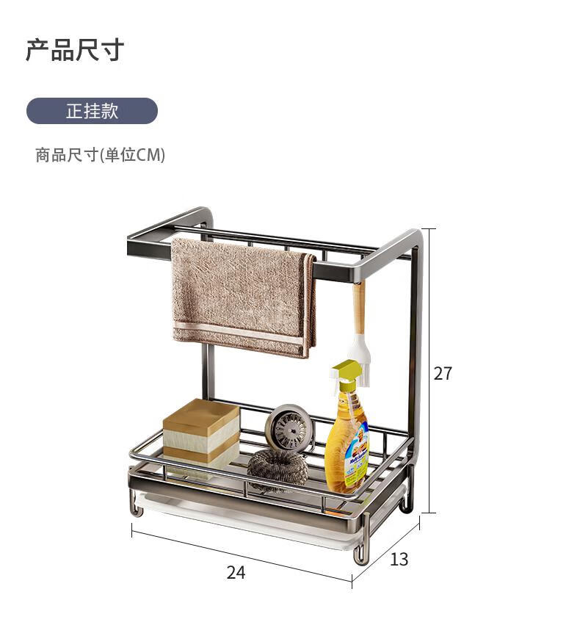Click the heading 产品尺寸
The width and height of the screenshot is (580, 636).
[x=75, y=50]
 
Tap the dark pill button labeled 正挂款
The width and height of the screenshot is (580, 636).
[x=92, y=111]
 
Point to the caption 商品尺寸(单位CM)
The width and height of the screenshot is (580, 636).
[x=100, y=155]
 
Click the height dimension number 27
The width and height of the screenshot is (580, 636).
[x=443, y=373]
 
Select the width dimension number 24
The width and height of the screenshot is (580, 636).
[x=236, y=572]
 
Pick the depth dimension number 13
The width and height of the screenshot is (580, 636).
[x=399, y=560]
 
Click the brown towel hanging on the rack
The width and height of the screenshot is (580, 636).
[x=243, y=298]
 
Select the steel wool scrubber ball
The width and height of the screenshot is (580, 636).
[x=278, y=468]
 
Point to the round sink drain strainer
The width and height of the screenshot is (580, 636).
[x=289, y=427]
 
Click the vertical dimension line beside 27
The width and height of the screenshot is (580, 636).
[x=429, y=371]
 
